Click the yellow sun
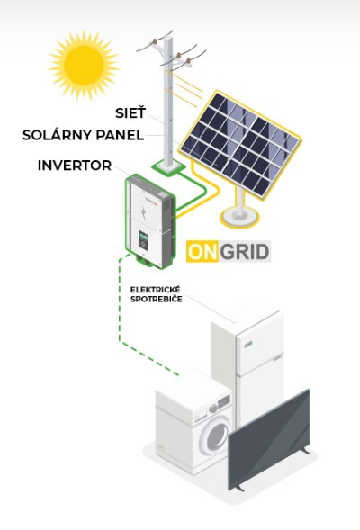point(84,65)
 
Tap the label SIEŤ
point(130,112)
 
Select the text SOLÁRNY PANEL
point(83,135)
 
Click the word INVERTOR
point(75,166)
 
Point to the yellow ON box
point(202,251)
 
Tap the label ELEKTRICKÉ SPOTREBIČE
point(157,294)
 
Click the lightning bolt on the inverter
point(144,213)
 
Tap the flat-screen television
point(269,439)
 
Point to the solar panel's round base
point(239,217)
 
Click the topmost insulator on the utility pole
point(155,41)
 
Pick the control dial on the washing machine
point(213,409)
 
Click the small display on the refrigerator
point(248,345)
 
